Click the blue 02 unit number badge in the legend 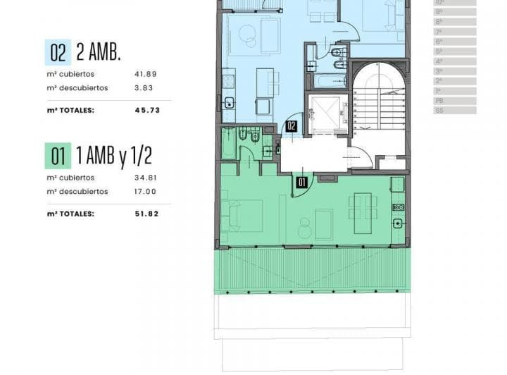[x=58, y=52]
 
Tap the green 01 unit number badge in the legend [x=58, y=156]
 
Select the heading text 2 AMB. [x=98, y=52]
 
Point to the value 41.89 [x=144, y=74]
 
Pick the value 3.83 [x=144, y=88]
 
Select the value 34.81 [x=144, y=178]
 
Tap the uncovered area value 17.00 [x=144, y=191]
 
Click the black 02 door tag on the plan [x=291, y=128]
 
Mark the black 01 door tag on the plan [x=301, y=181]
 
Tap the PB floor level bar [x=455, y=101]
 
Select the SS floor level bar [x=455, y=111]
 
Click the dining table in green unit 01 [x=363, y=207]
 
